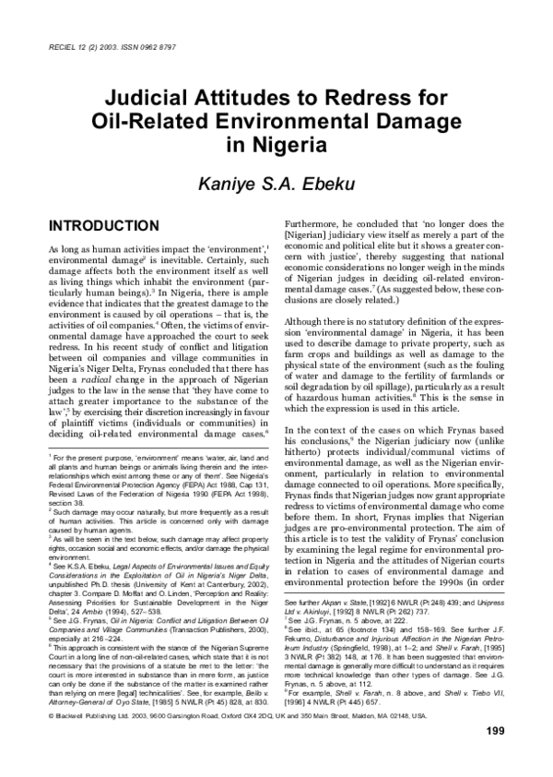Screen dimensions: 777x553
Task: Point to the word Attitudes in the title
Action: (251, 98)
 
